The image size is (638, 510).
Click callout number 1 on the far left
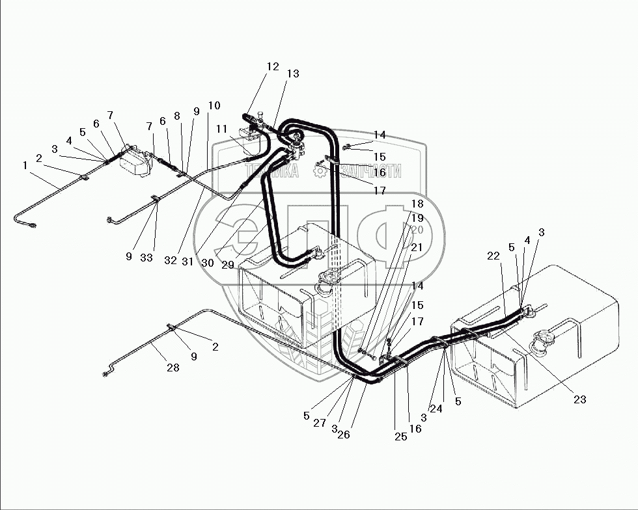pyautogui.click(x=25, y=165)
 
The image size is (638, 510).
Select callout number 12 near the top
pyautogui.click(x=273, y=66)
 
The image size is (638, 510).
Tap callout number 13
pyautogui.click(x=293, y=74)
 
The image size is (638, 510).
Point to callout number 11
pyautogui.click(x=221, y=129)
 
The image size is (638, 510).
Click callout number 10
pyautogui.click(x=214, y=105)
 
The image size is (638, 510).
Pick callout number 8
pyautogui.click(x=177, y=116)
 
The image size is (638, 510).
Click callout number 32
pyautogui.click(x=171, y=260)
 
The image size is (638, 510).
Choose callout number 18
pyautogui.click(x=417, y=204)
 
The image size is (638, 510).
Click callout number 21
pyautogui.click(x=417, y=247)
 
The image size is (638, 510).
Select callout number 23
pyautogui.click(x=580, y=400)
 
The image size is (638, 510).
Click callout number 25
pyautogui.click(x=400, y=436)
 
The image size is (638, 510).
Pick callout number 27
pyautogui.click(x=320, y=423)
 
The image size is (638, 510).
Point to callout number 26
pyautogui.click(x=344, y=435)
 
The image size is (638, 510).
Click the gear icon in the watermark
pyautogui.click(x=320, y=170)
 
